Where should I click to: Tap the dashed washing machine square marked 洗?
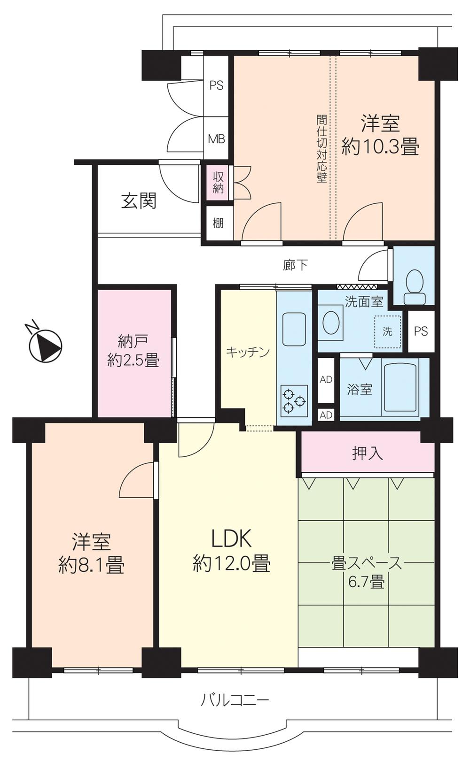[x=387, y=332]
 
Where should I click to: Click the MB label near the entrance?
[x=217, y=139]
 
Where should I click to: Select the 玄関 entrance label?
[x=139, y=201]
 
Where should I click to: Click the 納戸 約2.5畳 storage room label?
[x=133, y=350]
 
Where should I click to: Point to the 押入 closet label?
[x=368, y=453]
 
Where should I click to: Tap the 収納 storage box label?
[x=218, y=183]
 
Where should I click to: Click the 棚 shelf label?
[x=218, y=223]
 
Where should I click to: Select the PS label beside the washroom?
[x=421, y=331]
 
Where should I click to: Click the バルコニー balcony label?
[x=235, y=700]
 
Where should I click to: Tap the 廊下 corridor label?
[x=295, y=265]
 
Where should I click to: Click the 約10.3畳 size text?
[x=380, y=147]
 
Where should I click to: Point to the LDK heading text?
[x=231, y=538]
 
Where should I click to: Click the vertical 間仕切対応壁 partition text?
[x=321, y=149]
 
